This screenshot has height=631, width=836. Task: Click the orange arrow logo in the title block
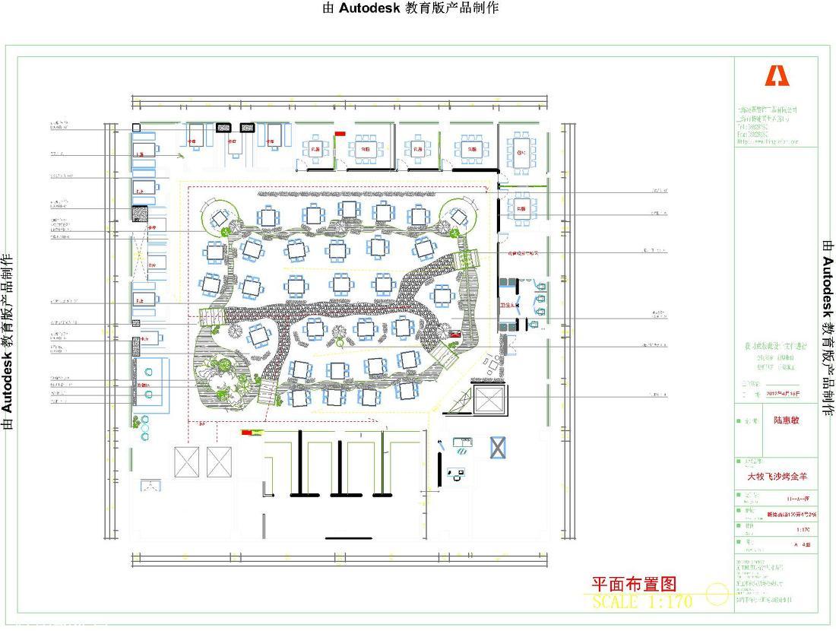777,76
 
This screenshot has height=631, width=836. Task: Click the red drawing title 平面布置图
634,584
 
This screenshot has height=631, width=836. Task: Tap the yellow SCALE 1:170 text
642,601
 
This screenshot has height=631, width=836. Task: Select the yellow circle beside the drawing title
717,593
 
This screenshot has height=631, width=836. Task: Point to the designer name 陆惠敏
787,420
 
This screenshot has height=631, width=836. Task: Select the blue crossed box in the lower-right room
498,447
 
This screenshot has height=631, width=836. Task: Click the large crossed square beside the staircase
487,400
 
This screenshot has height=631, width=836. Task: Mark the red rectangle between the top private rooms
340,135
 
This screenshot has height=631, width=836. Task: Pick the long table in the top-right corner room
521,151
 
